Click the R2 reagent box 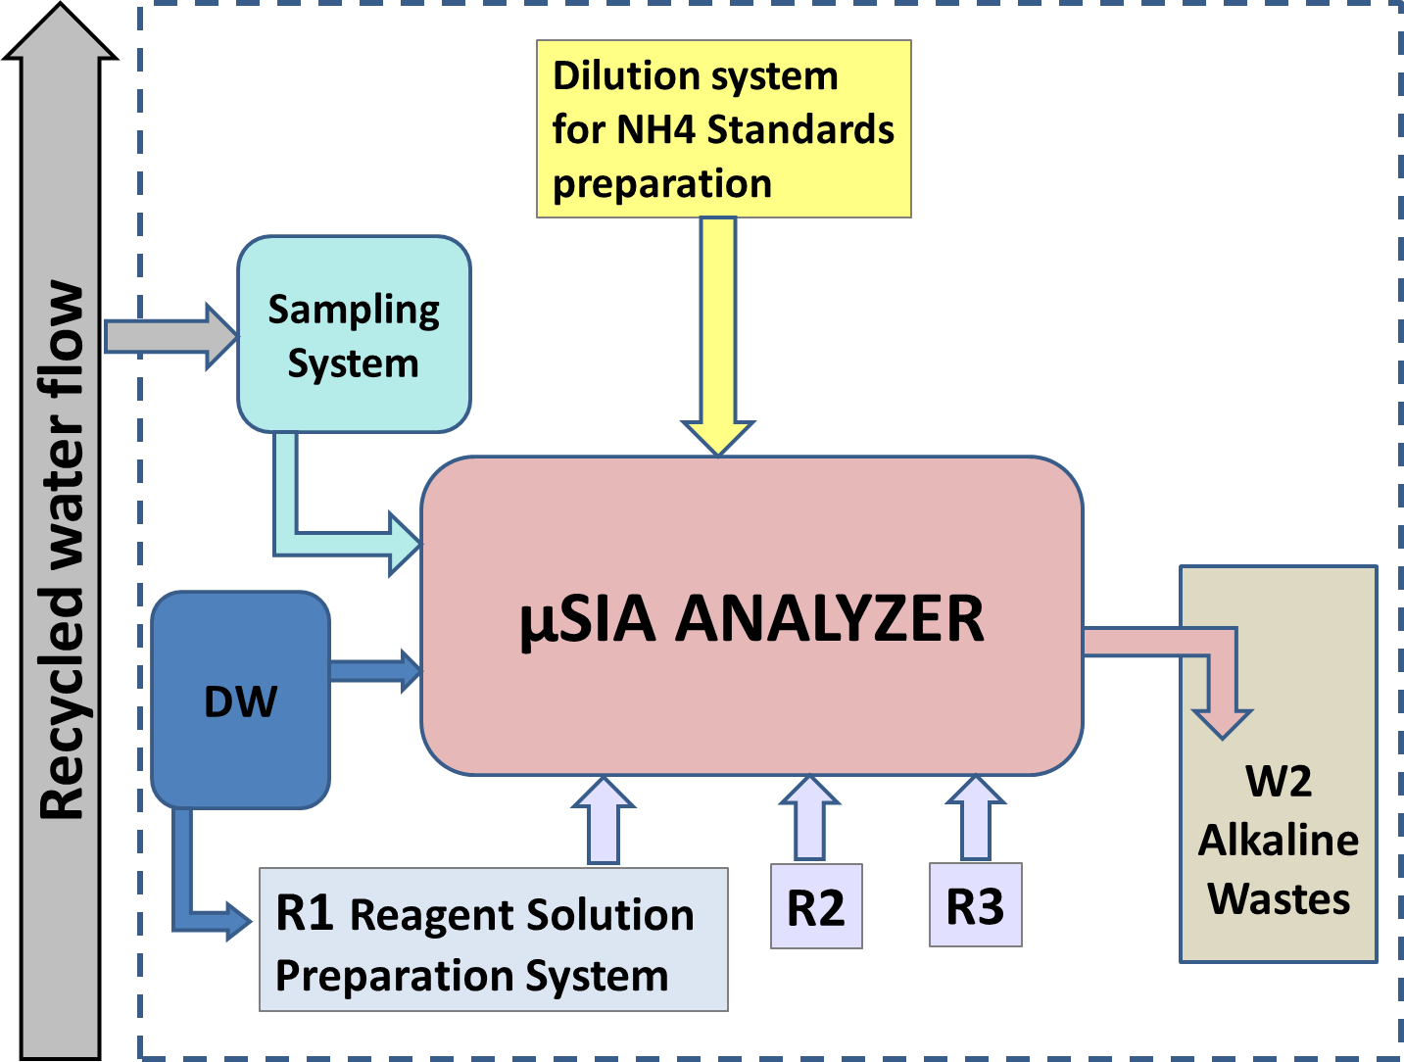pos(816,906)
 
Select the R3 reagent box pos(975,905)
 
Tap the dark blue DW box pos(240,700)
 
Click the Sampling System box pos(354,335)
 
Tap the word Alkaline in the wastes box pos(1279,841)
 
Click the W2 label pos(1279,782)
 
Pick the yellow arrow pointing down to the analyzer pos(718,333)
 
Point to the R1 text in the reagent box pos(305,913)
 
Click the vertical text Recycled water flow pos(61,549)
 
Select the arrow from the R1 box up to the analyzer pos(604,823)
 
